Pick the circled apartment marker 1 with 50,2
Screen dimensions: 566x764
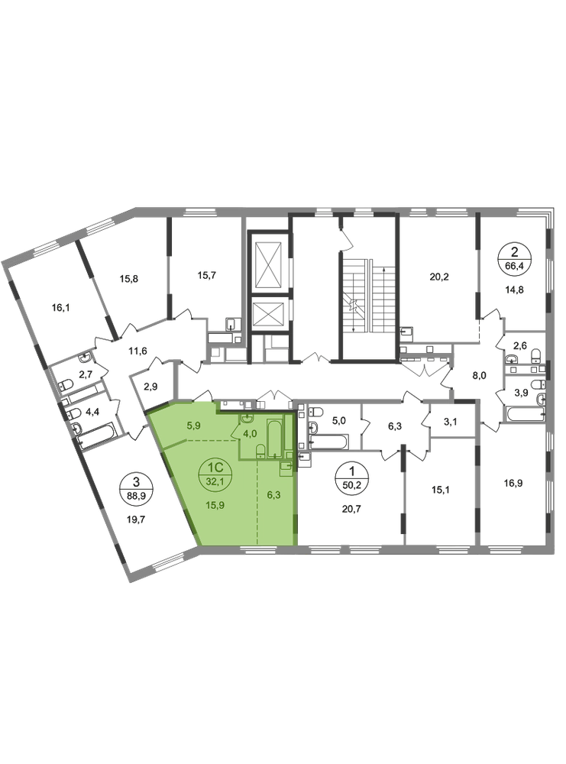[351, 477]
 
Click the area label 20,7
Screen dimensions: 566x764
[351, 509]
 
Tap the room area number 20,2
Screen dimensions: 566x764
[439, 277]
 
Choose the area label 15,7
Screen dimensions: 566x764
[206, 275]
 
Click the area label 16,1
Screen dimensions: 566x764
[61, 308]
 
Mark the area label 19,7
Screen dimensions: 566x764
[136, 520]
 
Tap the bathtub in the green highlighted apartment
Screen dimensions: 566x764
[275, 438]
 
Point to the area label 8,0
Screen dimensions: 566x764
[480, 375]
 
